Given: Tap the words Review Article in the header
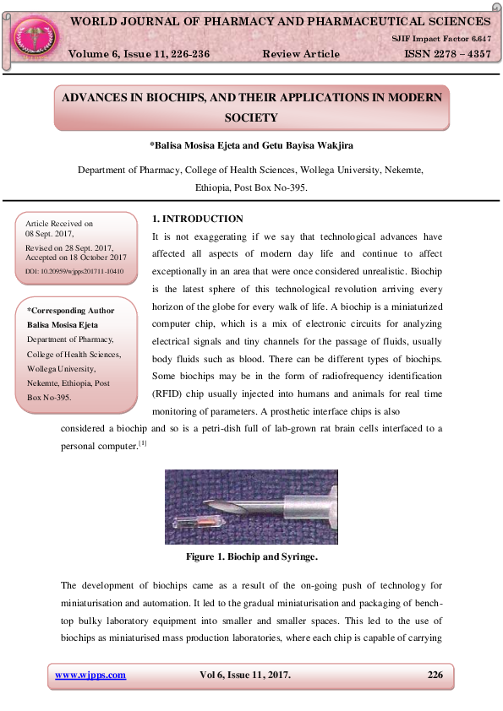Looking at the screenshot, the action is click(x=301, y=54).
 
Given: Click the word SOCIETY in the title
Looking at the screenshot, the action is click(x=251, y=117).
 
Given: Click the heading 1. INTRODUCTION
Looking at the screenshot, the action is click(x=197, y=219).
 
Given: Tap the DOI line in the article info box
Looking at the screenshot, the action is click(x=74, y=271).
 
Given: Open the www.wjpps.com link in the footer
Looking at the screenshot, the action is click(x=90, y=675).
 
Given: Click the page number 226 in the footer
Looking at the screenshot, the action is click(x=435, y=675).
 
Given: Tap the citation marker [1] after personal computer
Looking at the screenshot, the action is click(x=143, y=442).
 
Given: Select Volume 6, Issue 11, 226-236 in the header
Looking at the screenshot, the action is click(x=139, y=54).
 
